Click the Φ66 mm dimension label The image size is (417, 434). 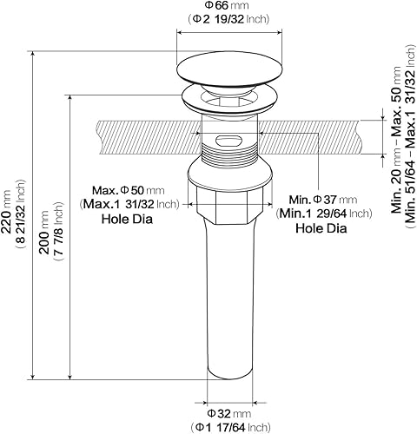[x=227, y=5]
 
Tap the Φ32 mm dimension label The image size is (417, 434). [x=229, y=414]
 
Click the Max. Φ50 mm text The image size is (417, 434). [x=129, y=190]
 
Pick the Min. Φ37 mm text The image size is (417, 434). [x=323, y=200]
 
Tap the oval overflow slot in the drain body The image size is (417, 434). [x=228, y=141]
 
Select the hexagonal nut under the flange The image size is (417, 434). [x=230, y=205]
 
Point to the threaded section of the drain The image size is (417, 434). [x=229, y=156]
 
